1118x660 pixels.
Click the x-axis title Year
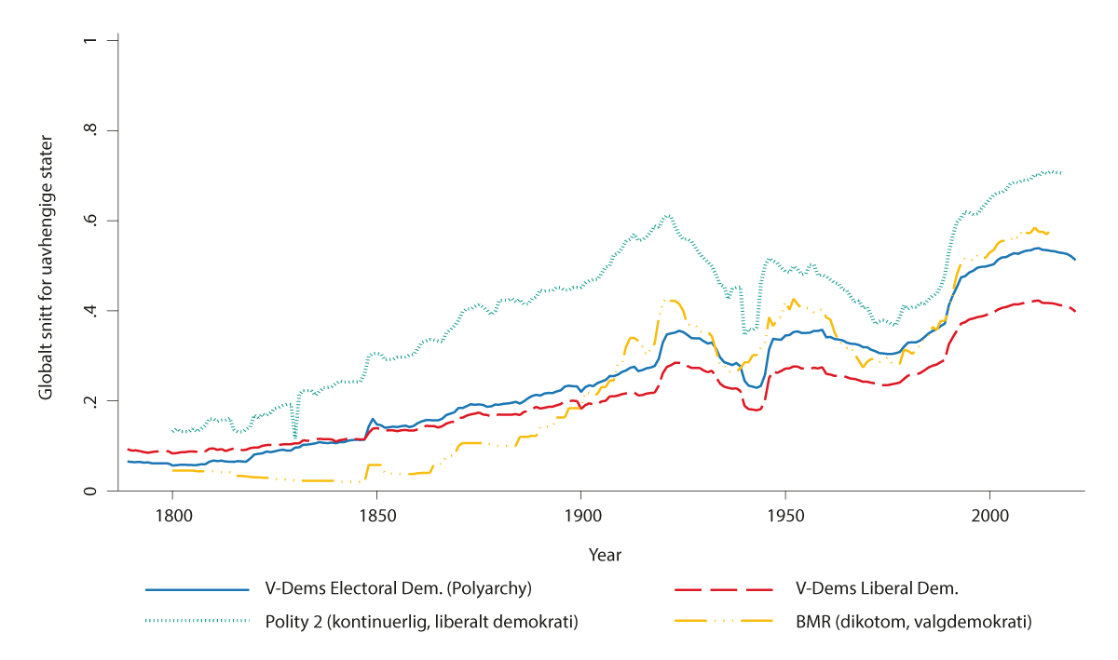click(x=605, y=555)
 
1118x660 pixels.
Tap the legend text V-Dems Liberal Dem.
click(x=877, y=590)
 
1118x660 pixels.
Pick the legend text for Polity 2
click(x=421, y=622)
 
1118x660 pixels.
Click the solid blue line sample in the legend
click(x=198, y=590)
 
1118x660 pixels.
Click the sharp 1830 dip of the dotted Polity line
click(x=295, y=436)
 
